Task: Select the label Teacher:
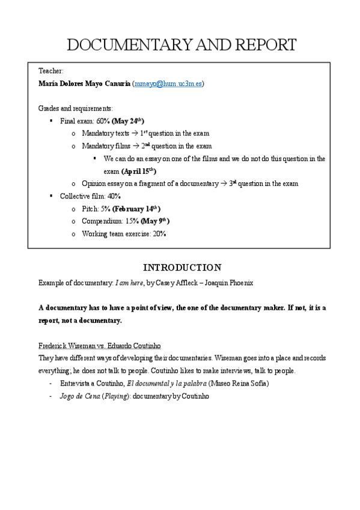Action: point(50,71)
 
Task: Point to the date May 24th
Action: point(129,121)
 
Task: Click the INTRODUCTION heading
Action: point(182,268)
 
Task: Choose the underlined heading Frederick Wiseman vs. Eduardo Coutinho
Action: point(100,346)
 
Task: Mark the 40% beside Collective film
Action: point(114,196)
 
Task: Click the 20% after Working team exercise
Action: point(159,234)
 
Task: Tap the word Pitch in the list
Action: point(90,209)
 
